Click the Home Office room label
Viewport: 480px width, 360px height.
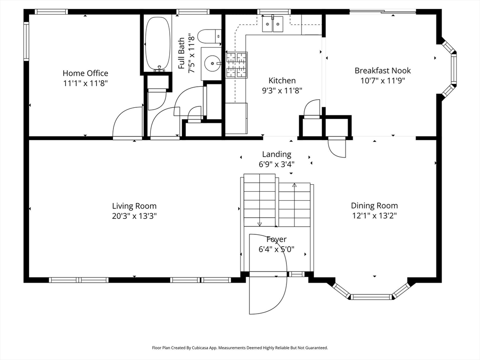point(85,73)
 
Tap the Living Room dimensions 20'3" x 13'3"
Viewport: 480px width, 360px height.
point(134,216)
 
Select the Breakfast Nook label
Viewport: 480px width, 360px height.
point(382,71)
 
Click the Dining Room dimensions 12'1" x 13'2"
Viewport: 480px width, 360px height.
point(374,216)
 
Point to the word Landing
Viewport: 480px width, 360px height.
point(277,154)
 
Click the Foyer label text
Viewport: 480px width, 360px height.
point(277,240)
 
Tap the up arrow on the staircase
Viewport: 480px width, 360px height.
point(294,186)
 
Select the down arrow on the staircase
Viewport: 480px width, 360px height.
point(260,224)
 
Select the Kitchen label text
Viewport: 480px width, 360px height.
point(282,81)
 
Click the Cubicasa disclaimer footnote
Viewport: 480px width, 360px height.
point(240,348)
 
